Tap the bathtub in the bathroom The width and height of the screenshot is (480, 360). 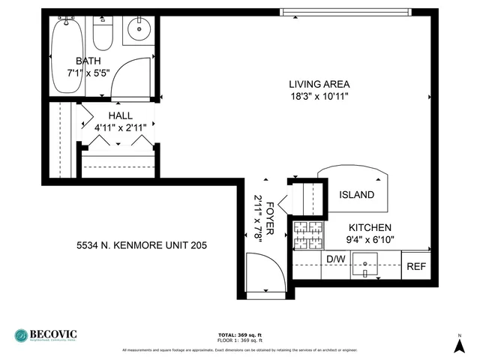tap(67, 56)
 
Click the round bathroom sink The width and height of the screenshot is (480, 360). tap(138, 30)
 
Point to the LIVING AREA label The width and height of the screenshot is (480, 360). tap(319, 84)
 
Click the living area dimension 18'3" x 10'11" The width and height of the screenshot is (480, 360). tap(319, 96)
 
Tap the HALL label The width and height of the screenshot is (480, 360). tap(120, 115)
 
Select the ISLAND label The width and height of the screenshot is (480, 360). tap(356, 195)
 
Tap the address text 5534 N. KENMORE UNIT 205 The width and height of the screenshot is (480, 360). tap(142, 245)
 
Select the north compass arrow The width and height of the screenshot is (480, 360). tap(459, 345)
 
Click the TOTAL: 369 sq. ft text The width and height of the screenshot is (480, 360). tap(238, 334)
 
